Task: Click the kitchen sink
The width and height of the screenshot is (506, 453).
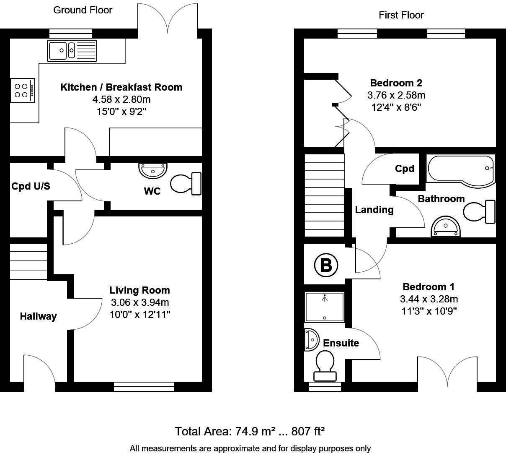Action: [72, 51]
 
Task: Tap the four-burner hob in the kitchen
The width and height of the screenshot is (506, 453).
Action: [22, 90]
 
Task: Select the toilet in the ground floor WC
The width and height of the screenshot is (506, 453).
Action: [186, 183]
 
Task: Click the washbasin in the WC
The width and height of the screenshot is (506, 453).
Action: [153, 170]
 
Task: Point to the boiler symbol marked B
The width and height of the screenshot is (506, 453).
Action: [326, 265]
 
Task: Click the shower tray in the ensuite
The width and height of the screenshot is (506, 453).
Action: [325, 307]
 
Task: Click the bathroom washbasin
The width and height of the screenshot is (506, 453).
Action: [446, 227]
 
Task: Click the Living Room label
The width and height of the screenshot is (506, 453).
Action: [139, 290]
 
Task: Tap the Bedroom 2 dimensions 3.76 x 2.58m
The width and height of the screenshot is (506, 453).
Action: [396, 95]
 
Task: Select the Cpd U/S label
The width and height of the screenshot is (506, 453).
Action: [31, 186]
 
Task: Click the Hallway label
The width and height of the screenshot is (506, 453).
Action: [38, 316]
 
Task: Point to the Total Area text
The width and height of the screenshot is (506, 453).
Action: [250, 431]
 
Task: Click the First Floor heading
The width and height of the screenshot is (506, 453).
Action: [401, 15]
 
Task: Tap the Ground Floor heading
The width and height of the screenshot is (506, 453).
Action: [83, 10]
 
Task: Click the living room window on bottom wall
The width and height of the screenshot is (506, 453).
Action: [144, 386]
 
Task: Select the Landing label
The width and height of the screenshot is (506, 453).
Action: [374, 210]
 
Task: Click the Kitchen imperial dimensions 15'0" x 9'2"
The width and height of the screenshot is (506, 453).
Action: [121, 112]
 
